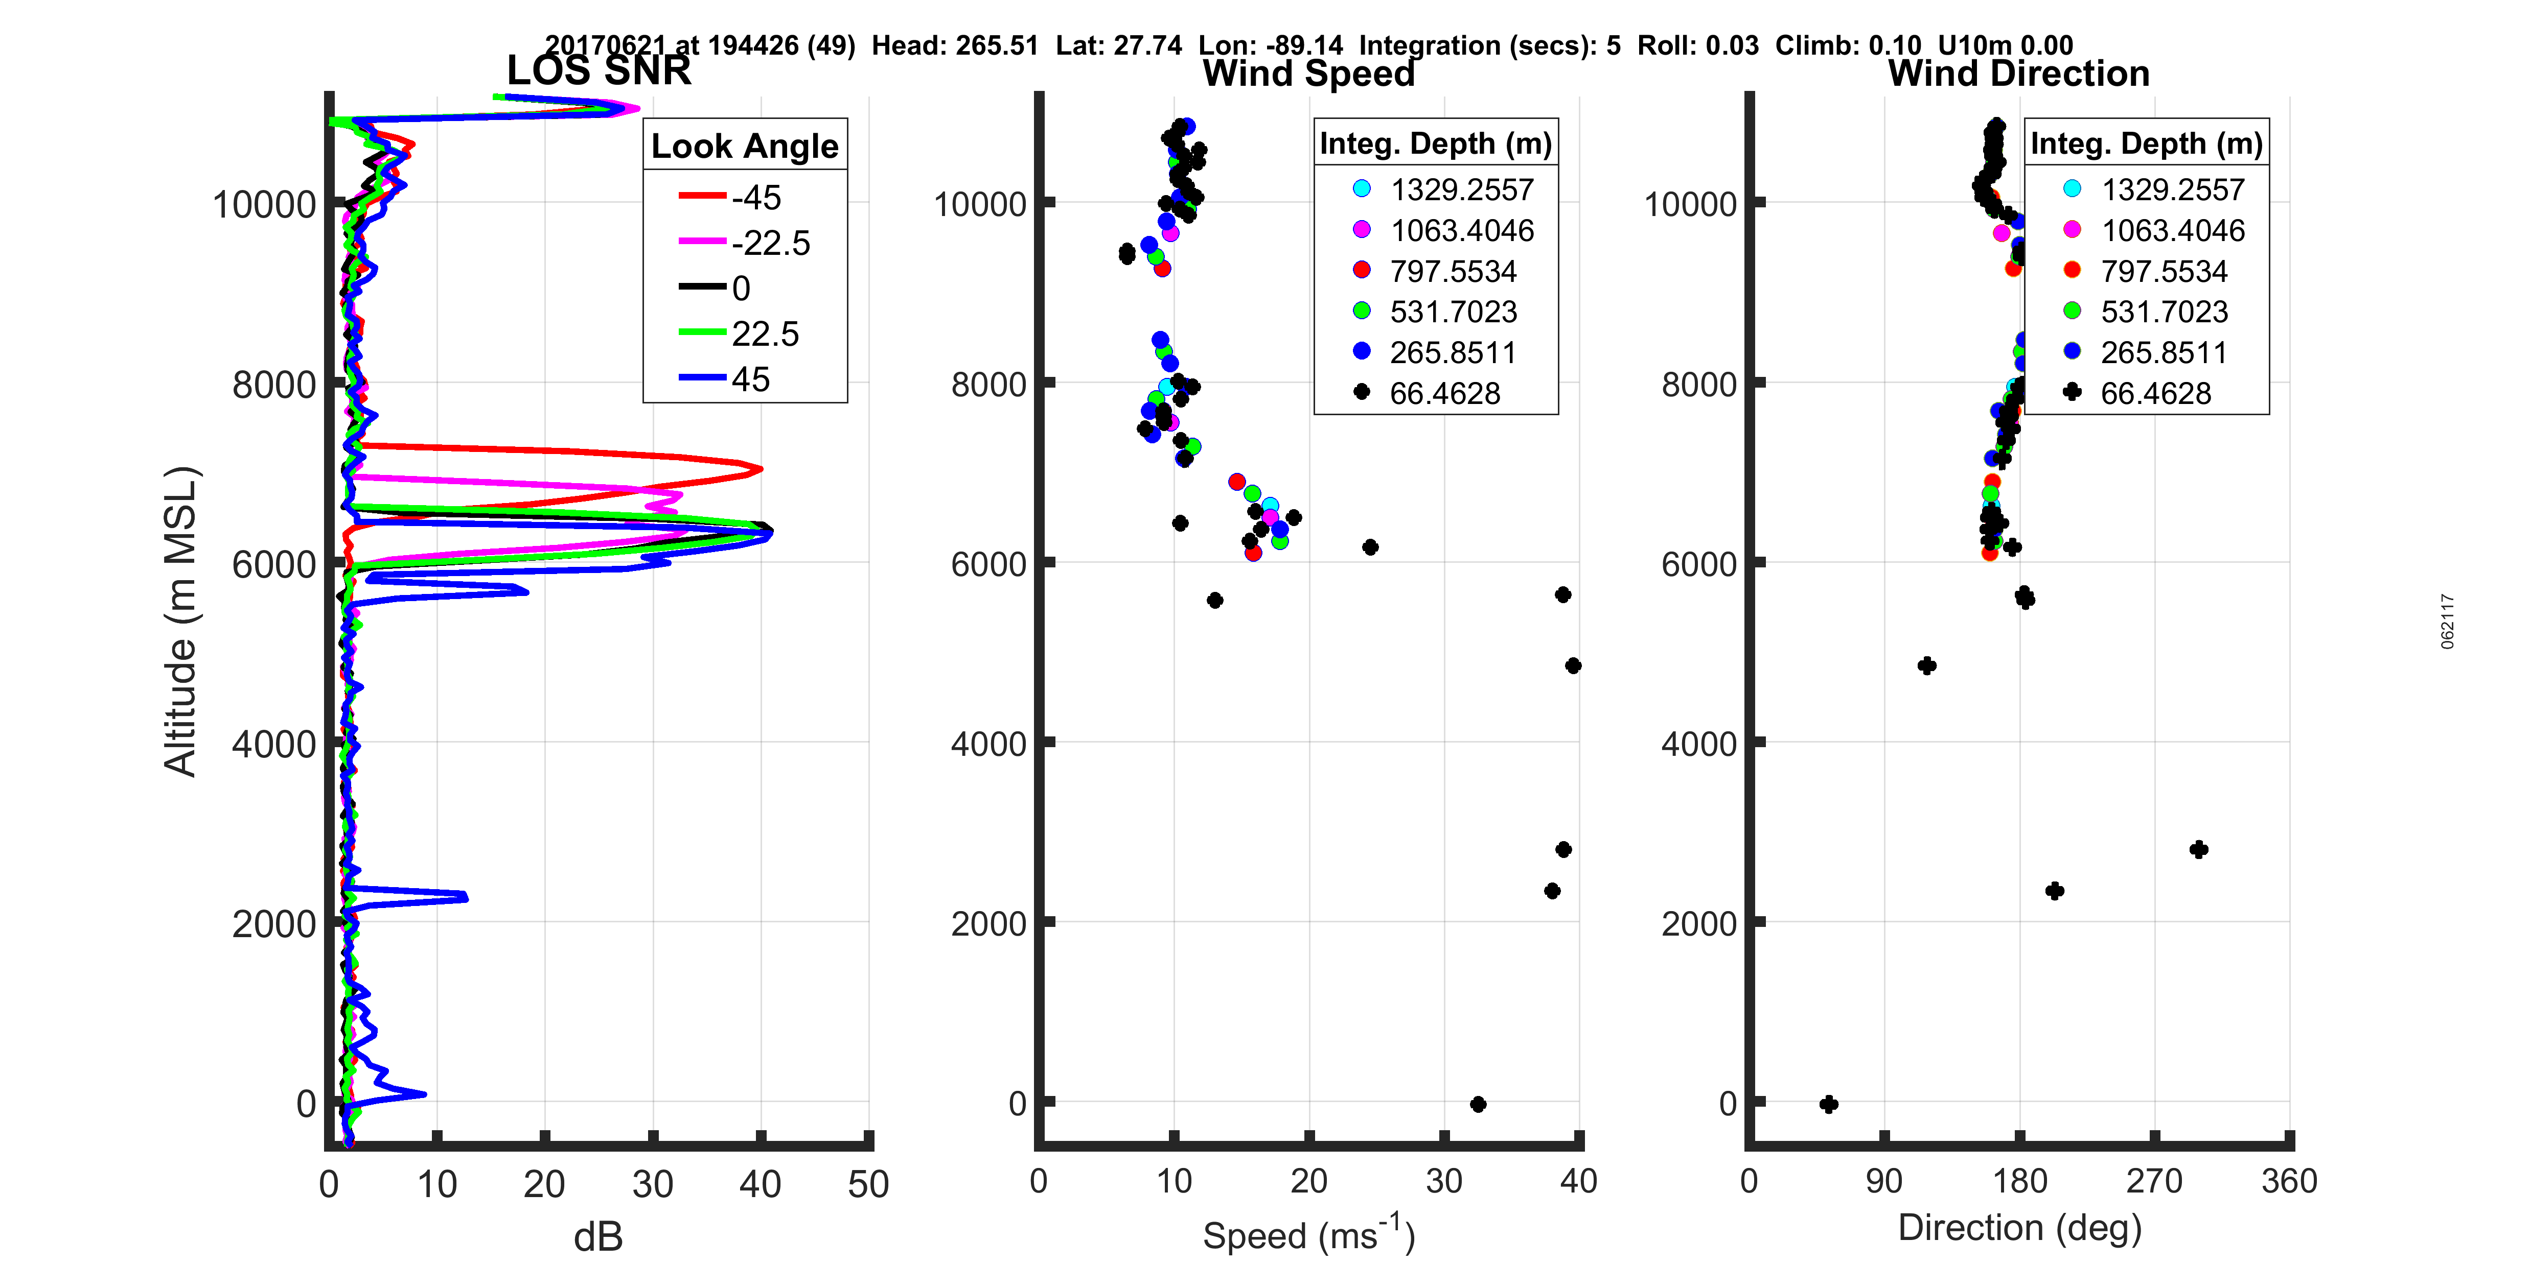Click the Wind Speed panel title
[1308, 74]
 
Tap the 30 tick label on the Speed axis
[1444, 1181]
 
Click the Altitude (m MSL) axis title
[181, 622]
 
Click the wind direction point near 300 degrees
[2199, 849]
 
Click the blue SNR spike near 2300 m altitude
[465, 896]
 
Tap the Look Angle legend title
[745, 146]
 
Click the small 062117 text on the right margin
[2448, 622]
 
